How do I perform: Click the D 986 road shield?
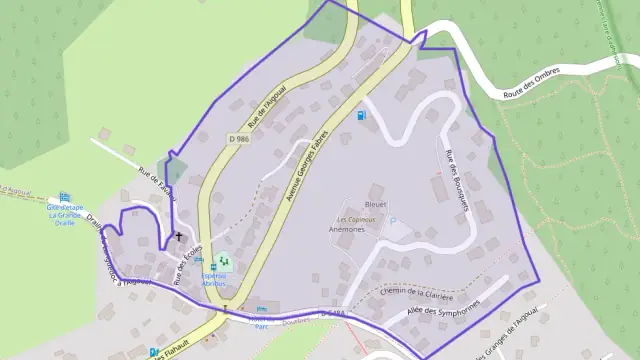pos(238,138)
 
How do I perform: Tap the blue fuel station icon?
pos(361,115)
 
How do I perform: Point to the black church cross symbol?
pos(179,237)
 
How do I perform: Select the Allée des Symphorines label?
pos(443,311)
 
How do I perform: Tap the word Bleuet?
pos(376,203)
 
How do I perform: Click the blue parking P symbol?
pos(261,308)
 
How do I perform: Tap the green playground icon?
pos(225,264)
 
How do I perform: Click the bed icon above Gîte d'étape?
pos(66,195)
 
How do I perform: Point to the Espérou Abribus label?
pos(214,279)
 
